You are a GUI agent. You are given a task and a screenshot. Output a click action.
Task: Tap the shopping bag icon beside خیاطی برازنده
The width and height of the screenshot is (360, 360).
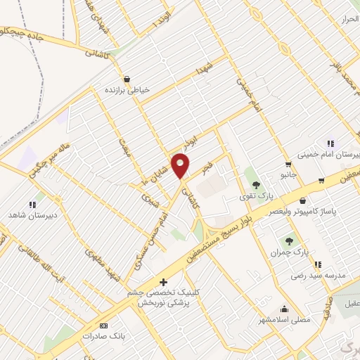click(x=127, y=79)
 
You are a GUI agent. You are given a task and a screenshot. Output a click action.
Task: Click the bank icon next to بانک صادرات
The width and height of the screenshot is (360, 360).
click(x=104, y=326)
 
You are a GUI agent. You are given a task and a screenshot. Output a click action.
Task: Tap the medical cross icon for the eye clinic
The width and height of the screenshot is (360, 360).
click(x=165, y=281)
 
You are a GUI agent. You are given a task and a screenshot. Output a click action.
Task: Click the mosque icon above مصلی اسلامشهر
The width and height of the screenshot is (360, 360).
click(x=285, y=308)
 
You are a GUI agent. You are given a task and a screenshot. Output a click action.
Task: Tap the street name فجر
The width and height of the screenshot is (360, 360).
click(x=206, y=168)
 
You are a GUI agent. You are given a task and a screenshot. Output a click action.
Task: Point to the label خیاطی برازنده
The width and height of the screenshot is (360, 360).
click(x=127, y=91)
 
